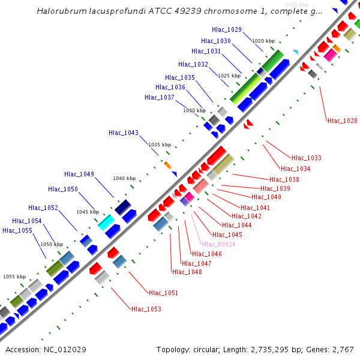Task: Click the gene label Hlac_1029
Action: [227, 29]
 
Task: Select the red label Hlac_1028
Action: [343, 121]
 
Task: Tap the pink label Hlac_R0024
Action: [219, 244]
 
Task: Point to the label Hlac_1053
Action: [146, 309]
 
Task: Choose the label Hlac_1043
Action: [124, 133]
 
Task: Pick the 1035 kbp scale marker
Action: [160, 145]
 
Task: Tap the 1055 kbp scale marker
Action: [14, 277]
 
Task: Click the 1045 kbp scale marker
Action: [87, 212]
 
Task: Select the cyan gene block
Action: [106, 222]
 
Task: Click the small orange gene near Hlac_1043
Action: [168, 165]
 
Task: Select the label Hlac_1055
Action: [17, 230]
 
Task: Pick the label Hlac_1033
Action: [307, 158]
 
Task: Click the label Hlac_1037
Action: [160, 97]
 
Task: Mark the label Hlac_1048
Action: [187, 272]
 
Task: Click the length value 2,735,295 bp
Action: [280, 350]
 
